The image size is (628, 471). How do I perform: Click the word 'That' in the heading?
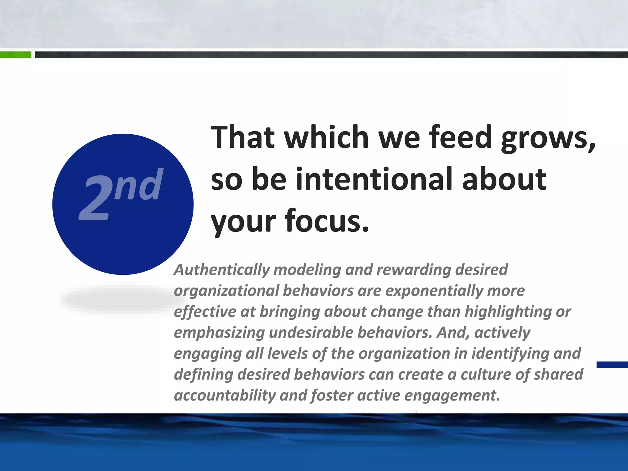coord(242,137)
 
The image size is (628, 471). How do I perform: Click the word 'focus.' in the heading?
coord(327,221)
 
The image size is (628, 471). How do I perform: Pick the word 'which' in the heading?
coord(326,137)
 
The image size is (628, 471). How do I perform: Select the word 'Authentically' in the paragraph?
coord(221,270)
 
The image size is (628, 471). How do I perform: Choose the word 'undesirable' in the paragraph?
coord(311,333)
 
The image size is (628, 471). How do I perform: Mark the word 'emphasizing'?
coord(219,333)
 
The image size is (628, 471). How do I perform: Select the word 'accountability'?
coord(225,396)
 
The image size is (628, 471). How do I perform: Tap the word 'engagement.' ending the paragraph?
coord(452,396)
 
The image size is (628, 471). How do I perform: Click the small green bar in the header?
coord(15,55)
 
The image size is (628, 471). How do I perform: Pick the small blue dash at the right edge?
coord(612,365)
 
